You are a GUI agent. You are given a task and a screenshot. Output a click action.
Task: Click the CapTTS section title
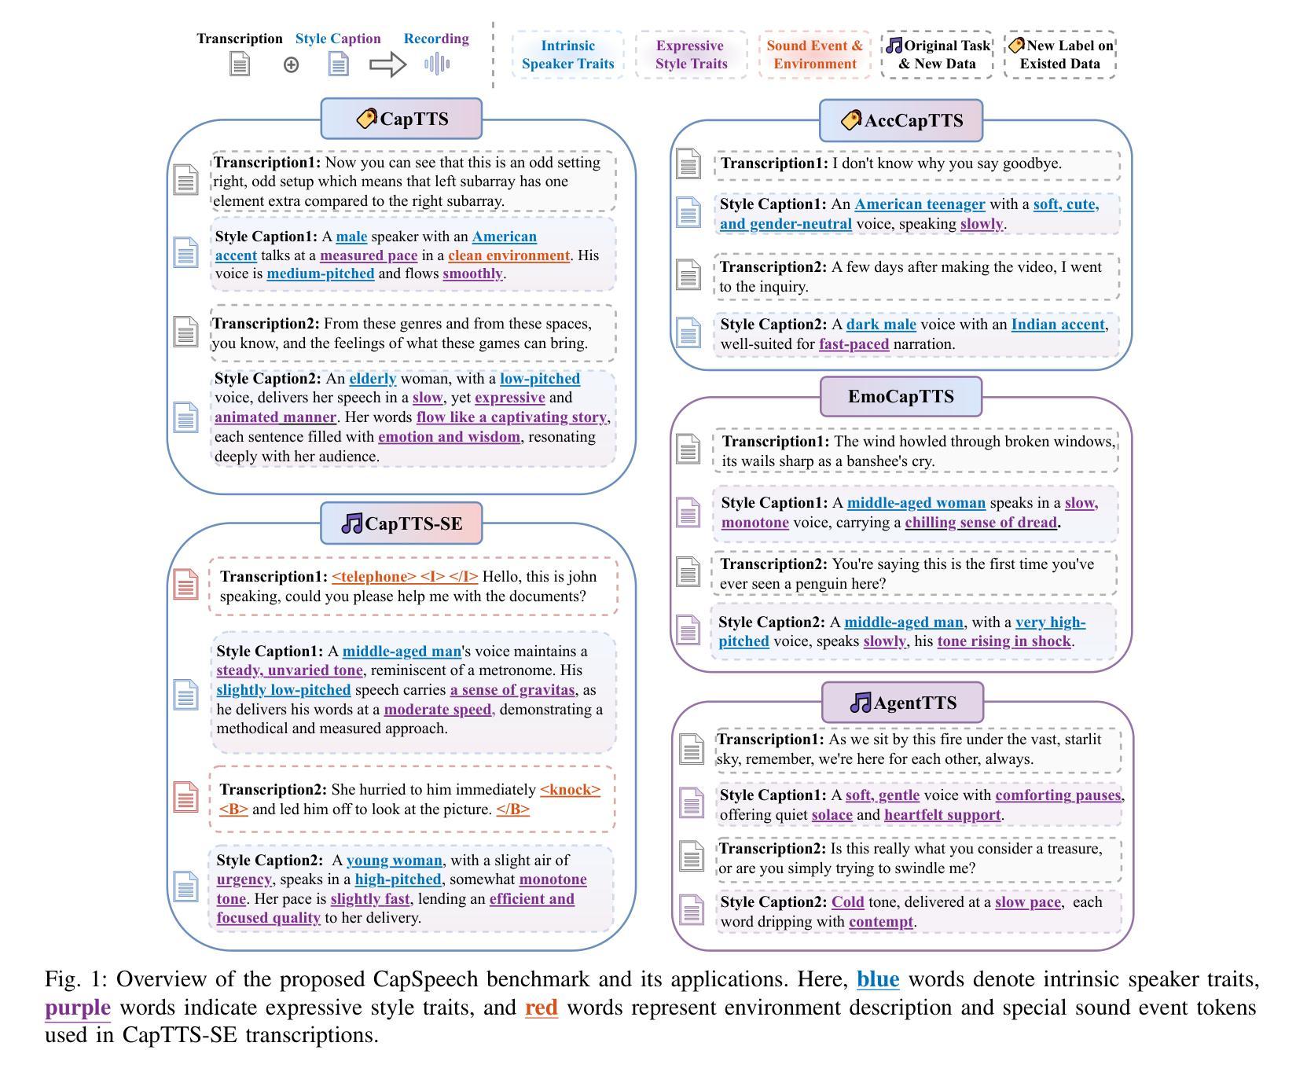point(402,119)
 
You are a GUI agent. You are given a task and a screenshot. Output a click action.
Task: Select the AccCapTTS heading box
point(901,121)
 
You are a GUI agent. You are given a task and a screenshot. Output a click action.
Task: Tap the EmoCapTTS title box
point(901,397)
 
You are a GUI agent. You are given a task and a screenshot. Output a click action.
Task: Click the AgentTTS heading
point(903,703)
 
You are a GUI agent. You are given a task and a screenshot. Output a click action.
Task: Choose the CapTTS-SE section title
point(402,523)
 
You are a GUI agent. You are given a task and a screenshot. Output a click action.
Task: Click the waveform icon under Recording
point(436,64)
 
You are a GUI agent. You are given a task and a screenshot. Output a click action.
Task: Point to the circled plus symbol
point(292,65)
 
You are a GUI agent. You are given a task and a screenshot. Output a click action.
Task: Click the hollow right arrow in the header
point(388,64)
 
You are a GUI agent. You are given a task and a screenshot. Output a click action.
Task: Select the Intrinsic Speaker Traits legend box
point(567,55)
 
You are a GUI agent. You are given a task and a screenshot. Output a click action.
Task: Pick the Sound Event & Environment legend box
point(814,55)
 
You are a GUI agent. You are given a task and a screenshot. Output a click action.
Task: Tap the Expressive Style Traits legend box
point(691,55)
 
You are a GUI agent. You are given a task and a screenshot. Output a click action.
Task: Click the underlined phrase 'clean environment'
point(508,255)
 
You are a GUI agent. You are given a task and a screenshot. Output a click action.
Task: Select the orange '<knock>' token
point(570,790)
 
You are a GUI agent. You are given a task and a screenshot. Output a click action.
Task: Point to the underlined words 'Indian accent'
point(1058,325)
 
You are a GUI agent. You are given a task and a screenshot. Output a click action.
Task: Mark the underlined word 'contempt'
point(881,922)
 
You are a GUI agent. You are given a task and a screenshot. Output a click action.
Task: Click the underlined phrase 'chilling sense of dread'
point(981,523)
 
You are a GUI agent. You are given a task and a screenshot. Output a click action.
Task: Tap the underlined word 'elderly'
point(373,379)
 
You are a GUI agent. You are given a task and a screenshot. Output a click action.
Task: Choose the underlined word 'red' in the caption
point(542,1008)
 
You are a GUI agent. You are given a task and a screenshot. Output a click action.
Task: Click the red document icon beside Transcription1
point(186,585)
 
